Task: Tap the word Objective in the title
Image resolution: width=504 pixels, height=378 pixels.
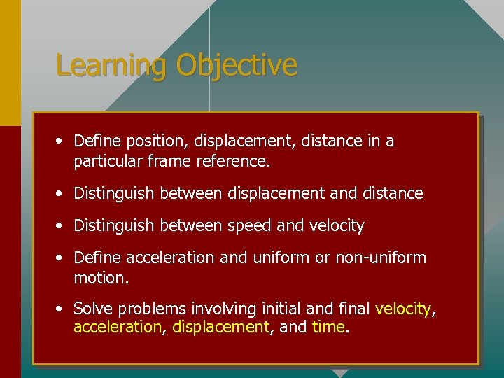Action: (x=237, y=66)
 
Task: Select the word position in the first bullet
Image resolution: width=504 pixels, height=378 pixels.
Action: (x=157, y=141)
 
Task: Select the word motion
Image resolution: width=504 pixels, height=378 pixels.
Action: (x=100, y=278)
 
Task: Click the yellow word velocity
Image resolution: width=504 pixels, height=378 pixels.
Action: (x=403, y=309)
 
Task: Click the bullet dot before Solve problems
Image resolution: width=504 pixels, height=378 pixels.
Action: (x=62, y=309)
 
